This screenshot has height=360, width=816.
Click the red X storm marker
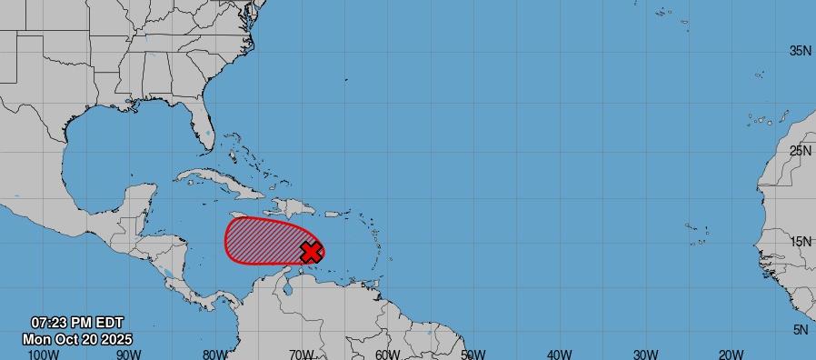(x=311, y=252)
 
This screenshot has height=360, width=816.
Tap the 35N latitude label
(x=800, y=51)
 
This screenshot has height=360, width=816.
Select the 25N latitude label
(x=800, y=151)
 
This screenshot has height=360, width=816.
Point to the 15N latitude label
(x=800, y=242)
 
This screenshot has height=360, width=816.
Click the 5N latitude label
(x=800, y=330)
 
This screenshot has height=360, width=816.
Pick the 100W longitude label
(x=40, y=354)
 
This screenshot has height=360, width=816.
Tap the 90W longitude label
(x=127, y=354)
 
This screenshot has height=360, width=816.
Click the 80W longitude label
(x=214, y=354)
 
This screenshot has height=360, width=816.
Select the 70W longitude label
(x=301, y=354)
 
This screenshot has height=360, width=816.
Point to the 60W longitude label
(x=387, y=354)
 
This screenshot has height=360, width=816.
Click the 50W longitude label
(x=473, y=354)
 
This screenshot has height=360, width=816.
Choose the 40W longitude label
(x=560, y=354)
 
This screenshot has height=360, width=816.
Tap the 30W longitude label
(x=645, y=354)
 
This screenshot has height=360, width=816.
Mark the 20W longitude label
(x=731, y=354)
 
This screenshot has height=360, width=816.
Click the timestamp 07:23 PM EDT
(x=77, y=323)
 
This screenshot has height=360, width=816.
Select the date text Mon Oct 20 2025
(x=77, y=338)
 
